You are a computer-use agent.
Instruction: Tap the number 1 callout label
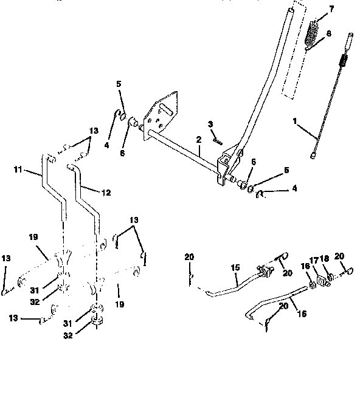tap(294, 121)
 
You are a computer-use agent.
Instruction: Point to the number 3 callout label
tap(210, 124)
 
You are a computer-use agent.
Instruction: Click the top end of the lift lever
tap(293, 10)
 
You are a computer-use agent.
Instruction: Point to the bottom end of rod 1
tap(314, 156)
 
